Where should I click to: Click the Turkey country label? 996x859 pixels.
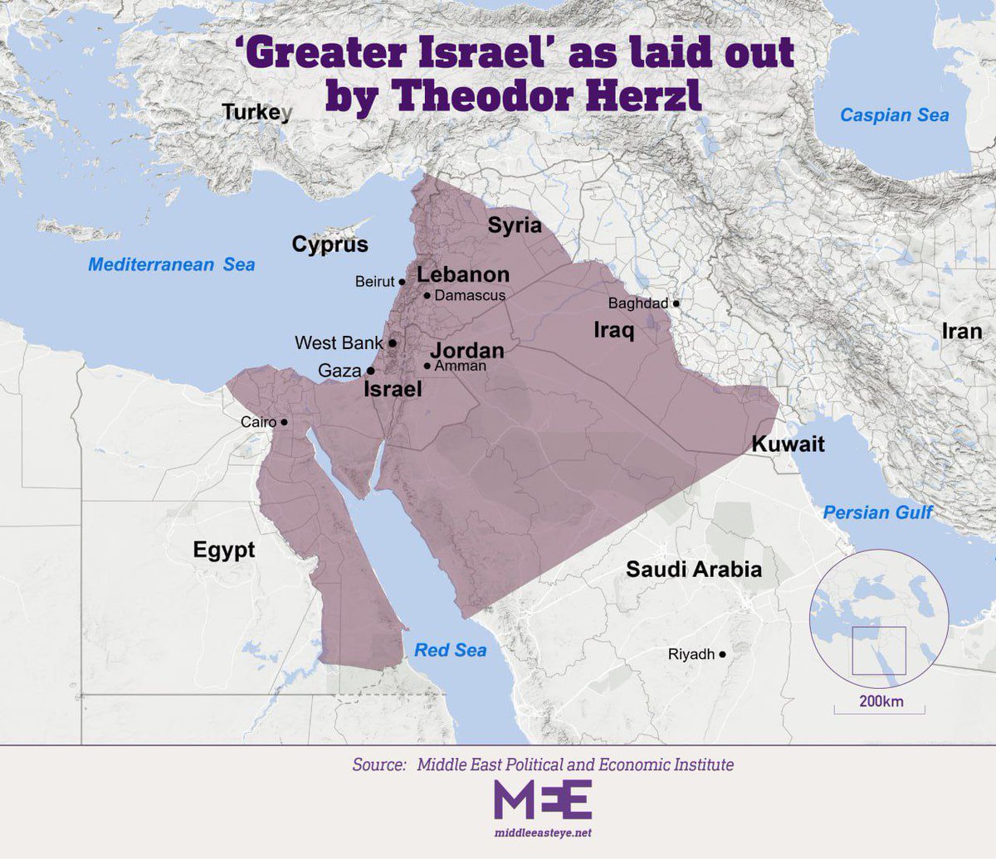256,112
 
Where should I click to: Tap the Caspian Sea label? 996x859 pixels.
894,115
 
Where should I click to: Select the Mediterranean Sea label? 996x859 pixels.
172,265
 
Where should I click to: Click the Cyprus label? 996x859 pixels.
330,245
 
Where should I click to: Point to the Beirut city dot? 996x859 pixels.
403,282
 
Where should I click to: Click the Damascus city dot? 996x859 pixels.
427,295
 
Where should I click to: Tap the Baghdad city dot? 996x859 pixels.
676,303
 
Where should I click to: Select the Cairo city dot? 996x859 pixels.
285,422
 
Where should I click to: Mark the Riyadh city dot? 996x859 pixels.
723,654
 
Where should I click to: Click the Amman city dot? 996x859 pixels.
427,366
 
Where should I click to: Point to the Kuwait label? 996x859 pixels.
788,444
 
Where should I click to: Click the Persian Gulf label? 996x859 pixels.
877,512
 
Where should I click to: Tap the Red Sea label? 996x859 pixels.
450,650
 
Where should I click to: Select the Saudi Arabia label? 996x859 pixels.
693,570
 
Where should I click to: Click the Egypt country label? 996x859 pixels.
224,550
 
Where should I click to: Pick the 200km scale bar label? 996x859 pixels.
881,701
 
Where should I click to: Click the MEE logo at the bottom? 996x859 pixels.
543,799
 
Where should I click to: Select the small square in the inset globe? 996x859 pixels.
879,651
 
